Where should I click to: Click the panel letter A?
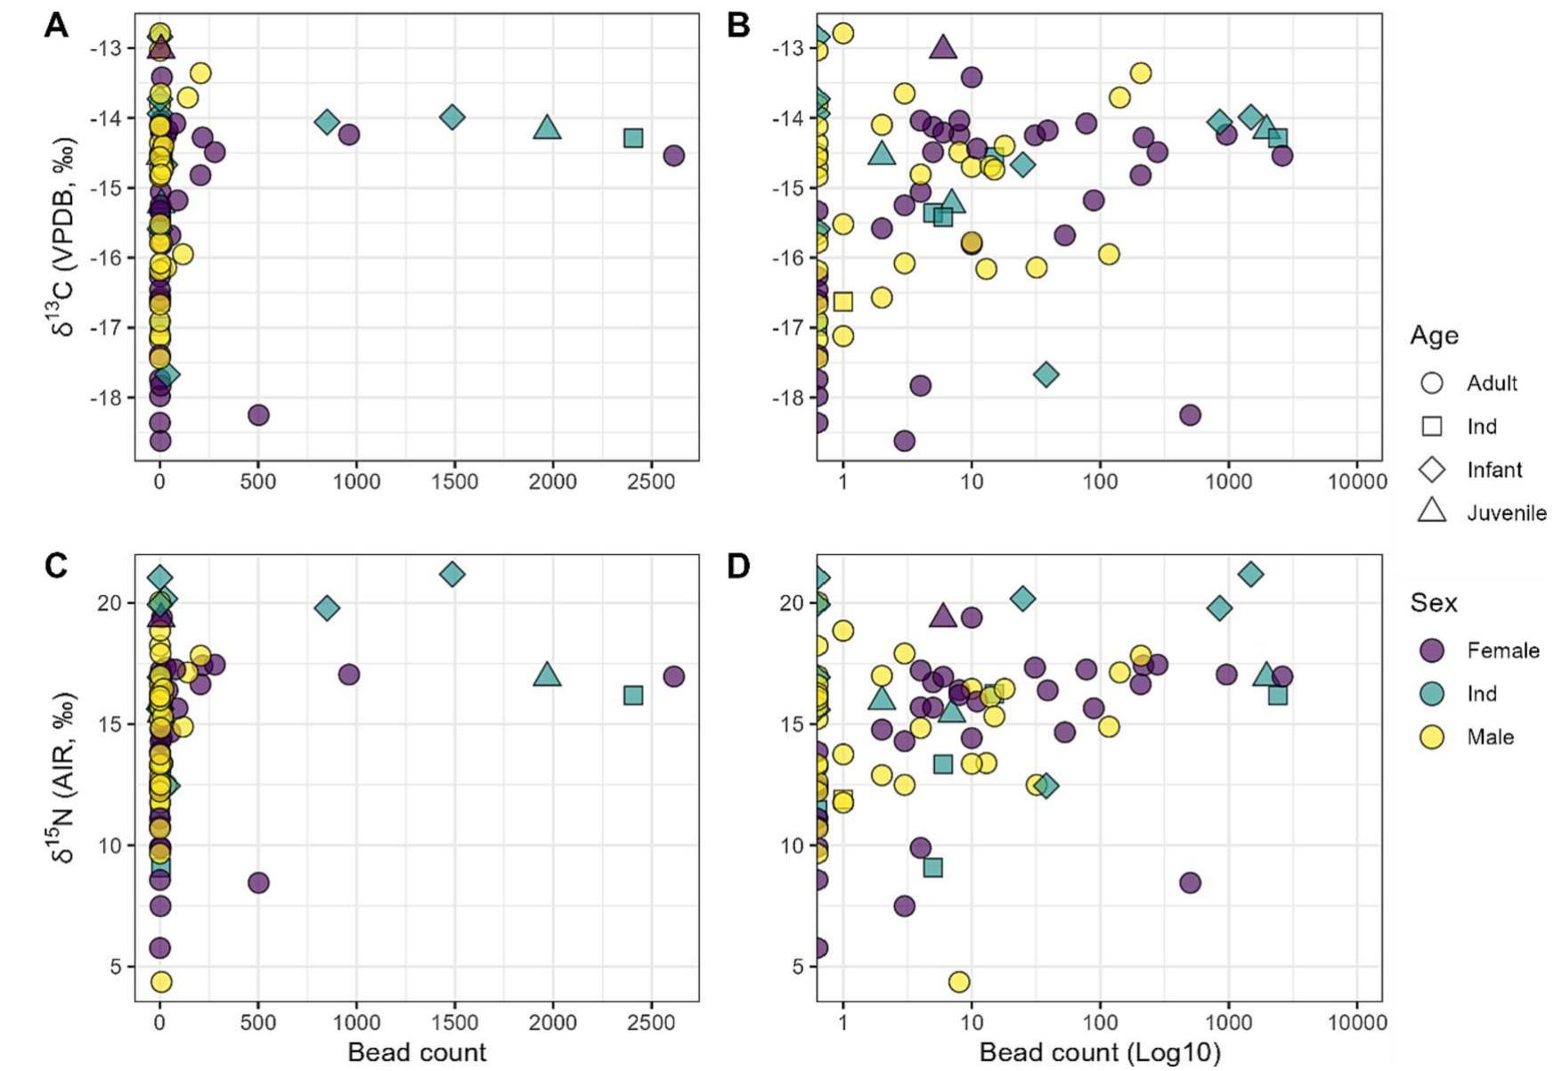point(56,26)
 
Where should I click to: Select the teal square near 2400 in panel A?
point(633,138)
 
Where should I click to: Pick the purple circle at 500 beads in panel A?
point(258,415)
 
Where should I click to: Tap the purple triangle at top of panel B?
point(943,47)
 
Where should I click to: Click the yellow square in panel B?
point(842,301)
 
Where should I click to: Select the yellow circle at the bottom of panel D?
point(959,982)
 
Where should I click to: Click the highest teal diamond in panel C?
point(452,574)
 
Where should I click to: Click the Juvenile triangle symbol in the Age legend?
point(1431,511)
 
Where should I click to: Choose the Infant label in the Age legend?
point(1494,470)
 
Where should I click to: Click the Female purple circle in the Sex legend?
point(1431,650)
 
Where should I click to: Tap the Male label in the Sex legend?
point(1490,737)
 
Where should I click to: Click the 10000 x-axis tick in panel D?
point(1356,1023)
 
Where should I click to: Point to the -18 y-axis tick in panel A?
point(107,397)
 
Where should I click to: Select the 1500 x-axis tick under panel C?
point(454,1023)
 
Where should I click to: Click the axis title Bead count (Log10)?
point(1100,1052)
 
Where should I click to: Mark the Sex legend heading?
point(1433,603)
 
